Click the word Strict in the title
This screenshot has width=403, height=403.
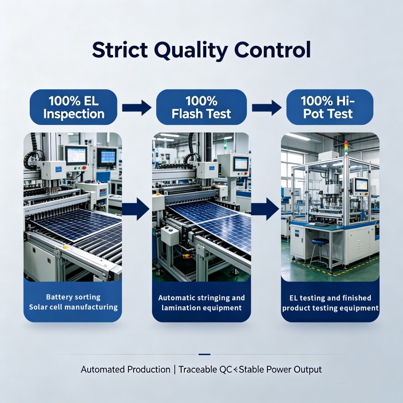pyautogui.click(x=120, y=49)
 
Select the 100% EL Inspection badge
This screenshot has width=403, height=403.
pyautogui.click(x=74, y=107)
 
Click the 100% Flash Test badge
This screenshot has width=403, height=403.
pyautogui.click(x=201, y=107)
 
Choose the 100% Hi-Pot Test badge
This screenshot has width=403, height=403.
pyautogui.click(x=330, y=107)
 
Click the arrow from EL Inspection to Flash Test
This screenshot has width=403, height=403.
pyautogui.click(x=137, y=108)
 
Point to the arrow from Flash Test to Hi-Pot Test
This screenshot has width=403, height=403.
pyautogui.click(x=266, y=108)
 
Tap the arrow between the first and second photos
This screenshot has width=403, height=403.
pyautogui.click(x=136, y=209)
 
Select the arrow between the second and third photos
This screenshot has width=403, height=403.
pyautogui.click(x=265, y=209)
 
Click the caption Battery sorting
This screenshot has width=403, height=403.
pyautogui.click(x=73, y=297)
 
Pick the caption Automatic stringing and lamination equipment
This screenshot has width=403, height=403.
pyautogui.click(x=201, y=303)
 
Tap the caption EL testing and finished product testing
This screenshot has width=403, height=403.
pyautogui.click(x=330, y=303)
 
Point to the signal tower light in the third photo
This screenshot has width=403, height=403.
pyautogui.click(x=346, y=148)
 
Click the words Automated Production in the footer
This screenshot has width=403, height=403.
pyautogui.click(x=125, y=370)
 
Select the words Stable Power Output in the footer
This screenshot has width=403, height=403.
pyautogui.click(x=281, y=370)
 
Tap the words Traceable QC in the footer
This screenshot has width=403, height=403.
pyautogui.click(x=206, y=370)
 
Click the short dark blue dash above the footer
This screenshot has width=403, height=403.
pyautogui.click(x=205, y=355)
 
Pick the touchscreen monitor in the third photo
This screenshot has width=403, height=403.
pyautogui.click(x=361, y=185)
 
